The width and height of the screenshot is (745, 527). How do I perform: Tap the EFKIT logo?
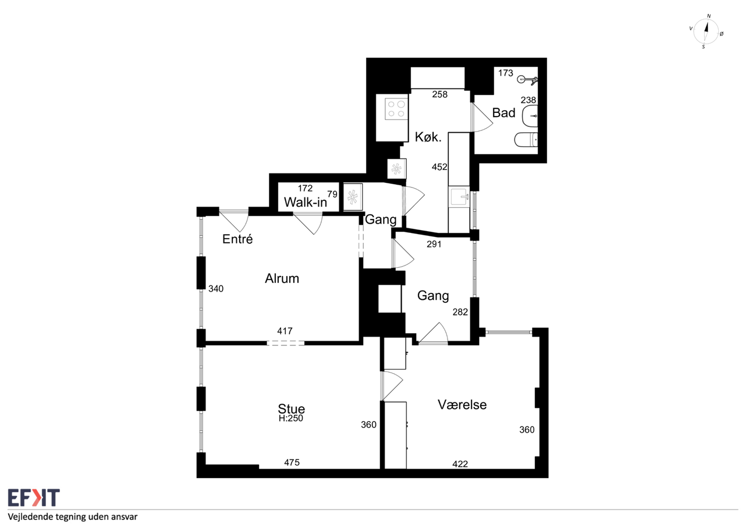coord(34,497)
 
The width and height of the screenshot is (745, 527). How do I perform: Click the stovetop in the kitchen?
coord(396,109)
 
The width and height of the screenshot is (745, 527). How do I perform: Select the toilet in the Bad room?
coord(526,140)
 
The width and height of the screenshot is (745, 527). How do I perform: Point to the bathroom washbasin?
coord(530,116)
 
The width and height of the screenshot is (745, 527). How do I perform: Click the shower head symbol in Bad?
coord(527,80)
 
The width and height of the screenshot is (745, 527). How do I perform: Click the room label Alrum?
coord(282,278)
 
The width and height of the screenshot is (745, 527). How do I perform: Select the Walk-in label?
coord(306,202)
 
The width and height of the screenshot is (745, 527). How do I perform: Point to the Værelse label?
coord(462,405)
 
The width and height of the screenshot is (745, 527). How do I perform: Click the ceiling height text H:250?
coord(290,418)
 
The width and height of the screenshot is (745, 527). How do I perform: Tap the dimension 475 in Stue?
coord(292,462)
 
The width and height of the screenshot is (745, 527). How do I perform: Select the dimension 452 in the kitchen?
coord(439,167)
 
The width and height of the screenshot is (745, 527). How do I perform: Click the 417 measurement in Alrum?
coord(285,331)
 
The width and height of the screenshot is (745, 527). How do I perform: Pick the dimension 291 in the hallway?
coord(434,244)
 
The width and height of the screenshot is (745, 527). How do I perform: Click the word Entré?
coord(237,239)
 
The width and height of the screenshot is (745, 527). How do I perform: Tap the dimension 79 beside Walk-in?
coord(332,194)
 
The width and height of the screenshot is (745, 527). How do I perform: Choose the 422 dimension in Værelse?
coord(460,464)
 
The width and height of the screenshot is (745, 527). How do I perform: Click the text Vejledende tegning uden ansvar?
coord(73,517)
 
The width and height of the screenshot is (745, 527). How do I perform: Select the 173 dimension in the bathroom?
coord(506,73)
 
